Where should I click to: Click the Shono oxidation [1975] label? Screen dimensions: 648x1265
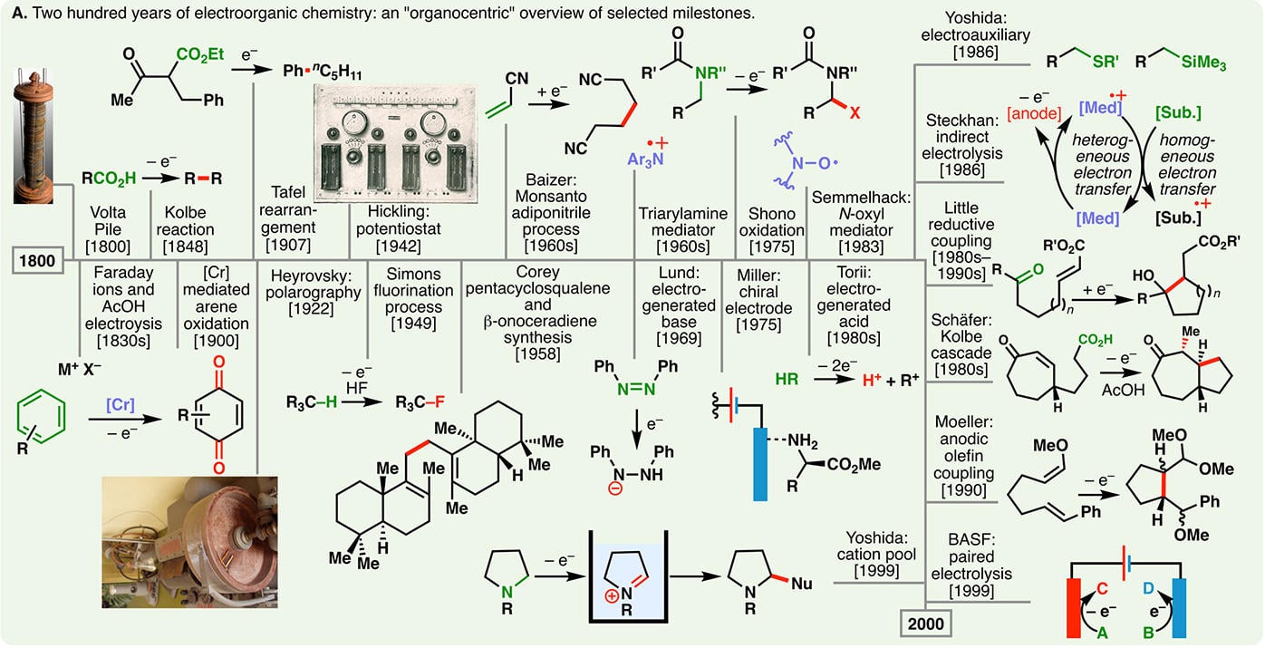(x=771, y=230)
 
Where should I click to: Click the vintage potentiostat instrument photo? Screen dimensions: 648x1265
(x=405, y=145)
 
